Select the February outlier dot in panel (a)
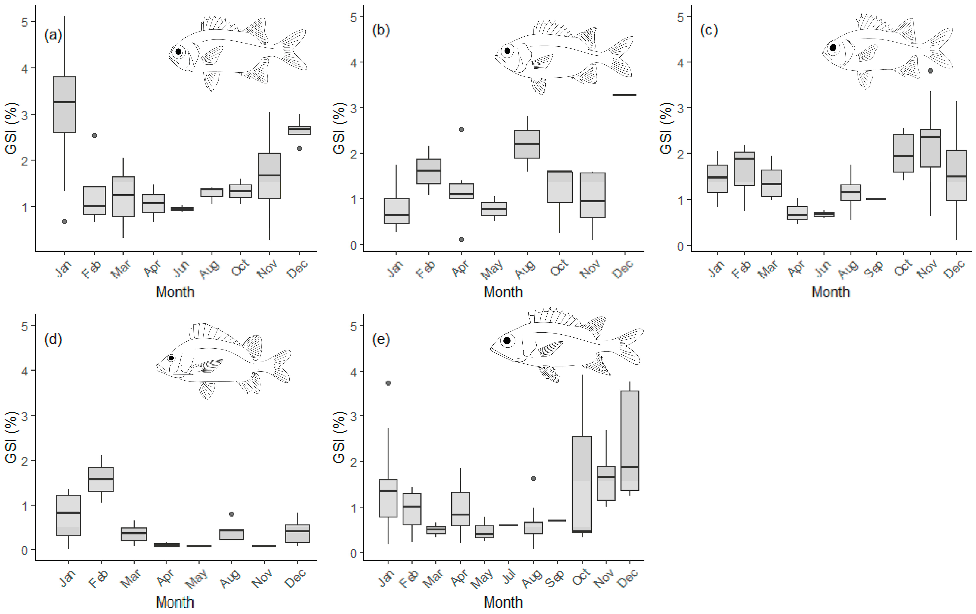[94, 135]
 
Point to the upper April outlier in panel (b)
[461, 129]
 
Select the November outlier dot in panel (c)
[931, 71]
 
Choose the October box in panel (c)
[903, 153]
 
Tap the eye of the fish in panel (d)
[171, 358]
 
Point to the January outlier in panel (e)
[388, 383]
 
